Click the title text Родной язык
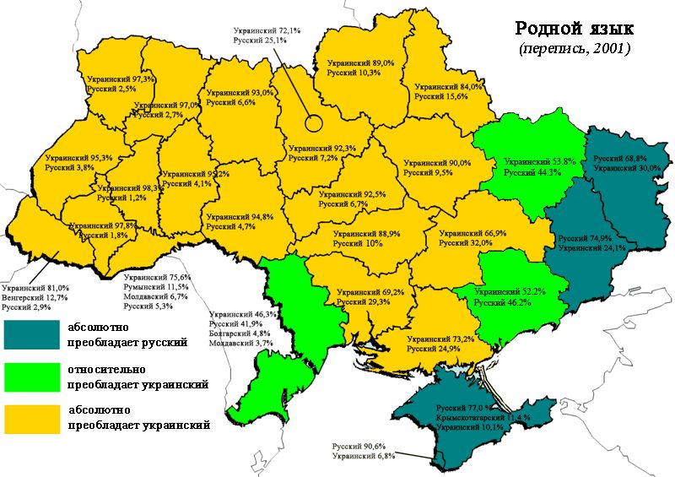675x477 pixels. (573, 28)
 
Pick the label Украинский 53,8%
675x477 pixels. (539, 161)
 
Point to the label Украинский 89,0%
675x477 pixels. (360, 63)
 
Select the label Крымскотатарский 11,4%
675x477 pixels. (483, 417)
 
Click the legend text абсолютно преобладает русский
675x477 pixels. (119, 334)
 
